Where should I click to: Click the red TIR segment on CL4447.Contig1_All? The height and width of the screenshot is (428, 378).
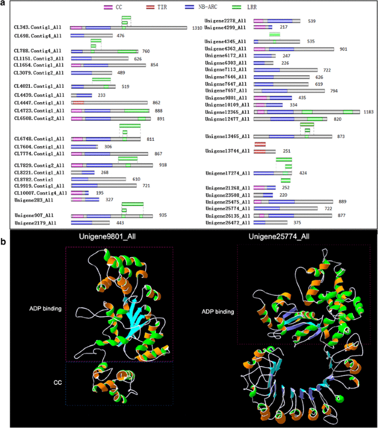(x=78, y=103)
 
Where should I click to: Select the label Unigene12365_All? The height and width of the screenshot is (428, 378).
(x=226, y=112)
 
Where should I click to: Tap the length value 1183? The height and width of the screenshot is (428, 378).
(x=369, y=112)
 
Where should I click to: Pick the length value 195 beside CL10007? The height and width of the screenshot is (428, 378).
(x=99, y=193)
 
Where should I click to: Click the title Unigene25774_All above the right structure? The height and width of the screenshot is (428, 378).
(x=286, y=237)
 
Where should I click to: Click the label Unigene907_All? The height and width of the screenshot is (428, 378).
(x=34, y=215)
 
